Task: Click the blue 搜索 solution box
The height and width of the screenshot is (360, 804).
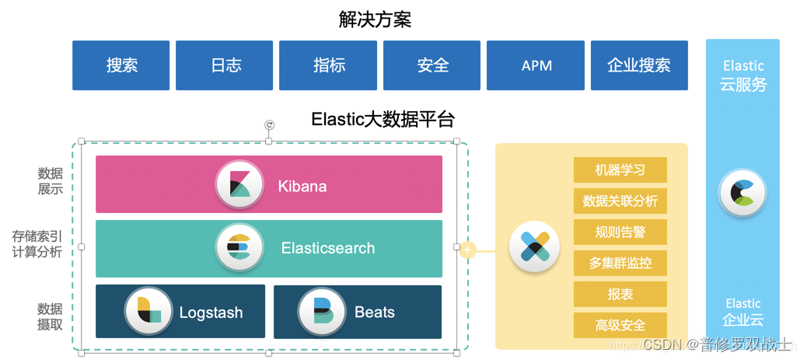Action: click(x=121, y=65)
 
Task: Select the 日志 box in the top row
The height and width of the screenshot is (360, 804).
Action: click(x=225, y=65)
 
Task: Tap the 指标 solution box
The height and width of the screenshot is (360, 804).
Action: click(x=328, y=65)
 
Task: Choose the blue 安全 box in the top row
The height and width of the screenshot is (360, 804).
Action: click(x=432, y=65)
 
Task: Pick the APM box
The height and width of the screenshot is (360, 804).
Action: click(x=536, y=65)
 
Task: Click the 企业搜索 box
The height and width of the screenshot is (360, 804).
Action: click(x=639, y=65)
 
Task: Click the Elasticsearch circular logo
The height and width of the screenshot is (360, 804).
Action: click(x=239, y=248)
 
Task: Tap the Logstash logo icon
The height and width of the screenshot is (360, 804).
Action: click(x=148, y=311)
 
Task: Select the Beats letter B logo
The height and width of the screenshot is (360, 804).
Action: click(x=321, y=312)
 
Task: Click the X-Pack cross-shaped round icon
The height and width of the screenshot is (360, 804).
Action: click(x=534, y=247)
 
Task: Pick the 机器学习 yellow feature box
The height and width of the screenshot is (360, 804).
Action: click(x=620, y=170)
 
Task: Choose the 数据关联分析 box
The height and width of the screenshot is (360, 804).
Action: click(x=620, y=201)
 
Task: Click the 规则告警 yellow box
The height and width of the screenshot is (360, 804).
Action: click(x=620, y=232)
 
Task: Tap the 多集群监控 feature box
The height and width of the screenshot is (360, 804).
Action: click(x=620, y=263)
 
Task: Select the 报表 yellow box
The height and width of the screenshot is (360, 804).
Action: click(x=620, y=294)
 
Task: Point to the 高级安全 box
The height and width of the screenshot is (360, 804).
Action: click(x=620, y=325)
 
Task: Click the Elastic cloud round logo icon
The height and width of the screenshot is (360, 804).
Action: click(x=742, y=192)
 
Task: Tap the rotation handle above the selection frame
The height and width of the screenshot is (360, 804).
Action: click(x=269, y=124)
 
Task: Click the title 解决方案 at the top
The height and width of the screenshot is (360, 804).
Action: click(x=375, y=19)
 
